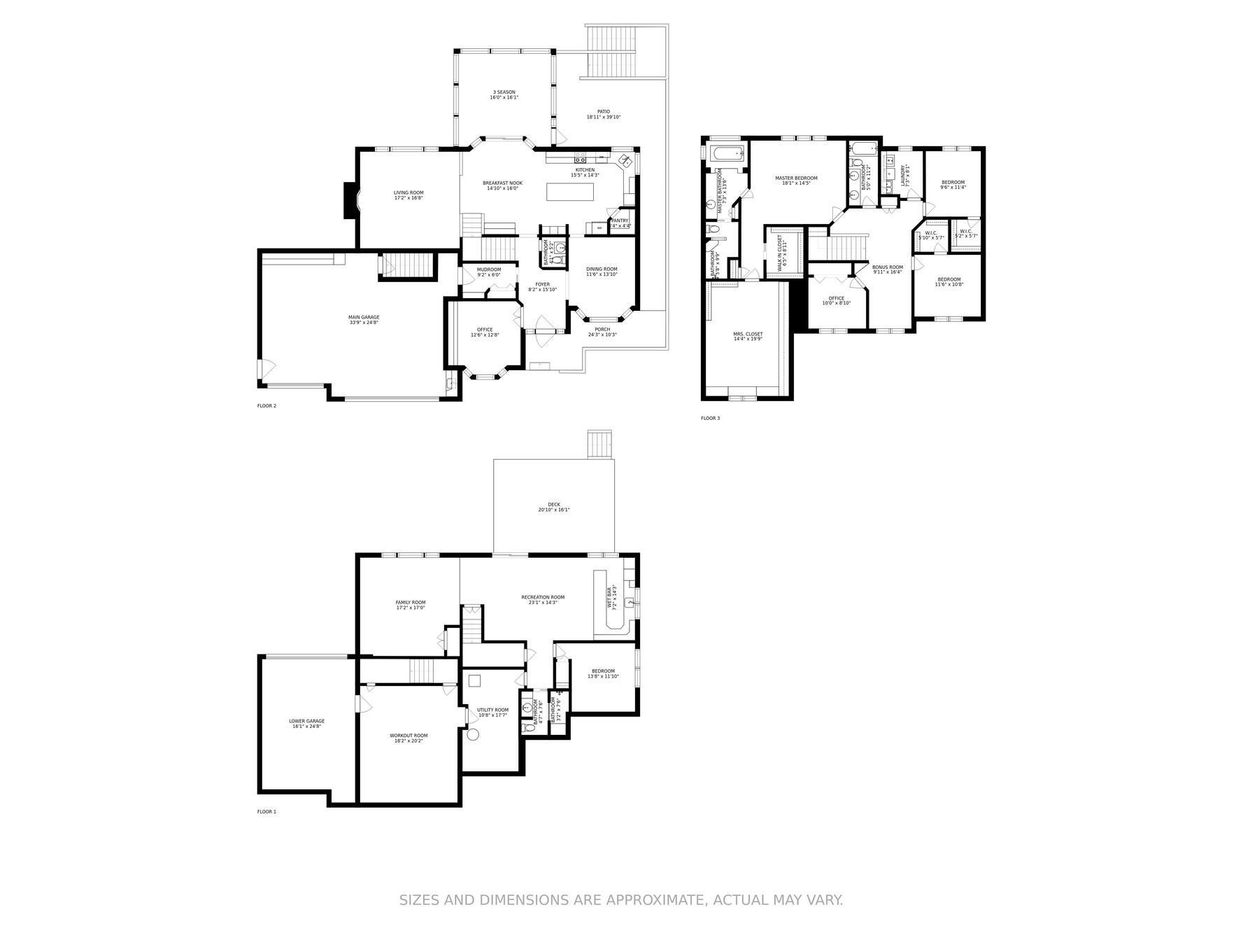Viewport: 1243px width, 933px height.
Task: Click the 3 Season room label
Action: [504, 94]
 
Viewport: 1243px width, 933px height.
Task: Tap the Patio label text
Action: [603, 114]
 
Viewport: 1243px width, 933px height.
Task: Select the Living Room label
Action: [408, 195]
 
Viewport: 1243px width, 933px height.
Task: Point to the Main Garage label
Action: [364, 320]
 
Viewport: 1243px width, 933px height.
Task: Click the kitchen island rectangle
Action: [572, 191]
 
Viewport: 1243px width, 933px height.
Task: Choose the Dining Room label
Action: [602, 272]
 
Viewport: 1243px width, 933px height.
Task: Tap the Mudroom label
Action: [489, 272]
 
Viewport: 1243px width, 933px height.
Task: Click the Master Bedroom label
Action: [796, 180]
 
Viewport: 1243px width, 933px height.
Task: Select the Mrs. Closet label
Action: [748, 337]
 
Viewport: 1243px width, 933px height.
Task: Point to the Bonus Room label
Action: [887, 269]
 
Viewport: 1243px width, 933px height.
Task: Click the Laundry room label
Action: [904, 174]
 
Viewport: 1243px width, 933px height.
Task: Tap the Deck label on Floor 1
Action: [553, 507]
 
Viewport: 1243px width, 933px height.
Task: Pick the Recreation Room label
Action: [542, 599]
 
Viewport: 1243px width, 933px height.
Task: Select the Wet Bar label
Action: [612, 598]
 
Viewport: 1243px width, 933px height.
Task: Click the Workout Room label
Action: [409, 738]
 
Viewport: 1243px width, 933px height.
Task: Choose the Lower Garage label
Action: [306, 723]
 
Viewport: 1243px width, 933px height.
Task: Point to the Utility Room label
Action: [492, 712]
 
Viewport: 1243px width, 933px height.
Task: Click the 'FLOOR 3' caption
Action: [710, 419]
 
